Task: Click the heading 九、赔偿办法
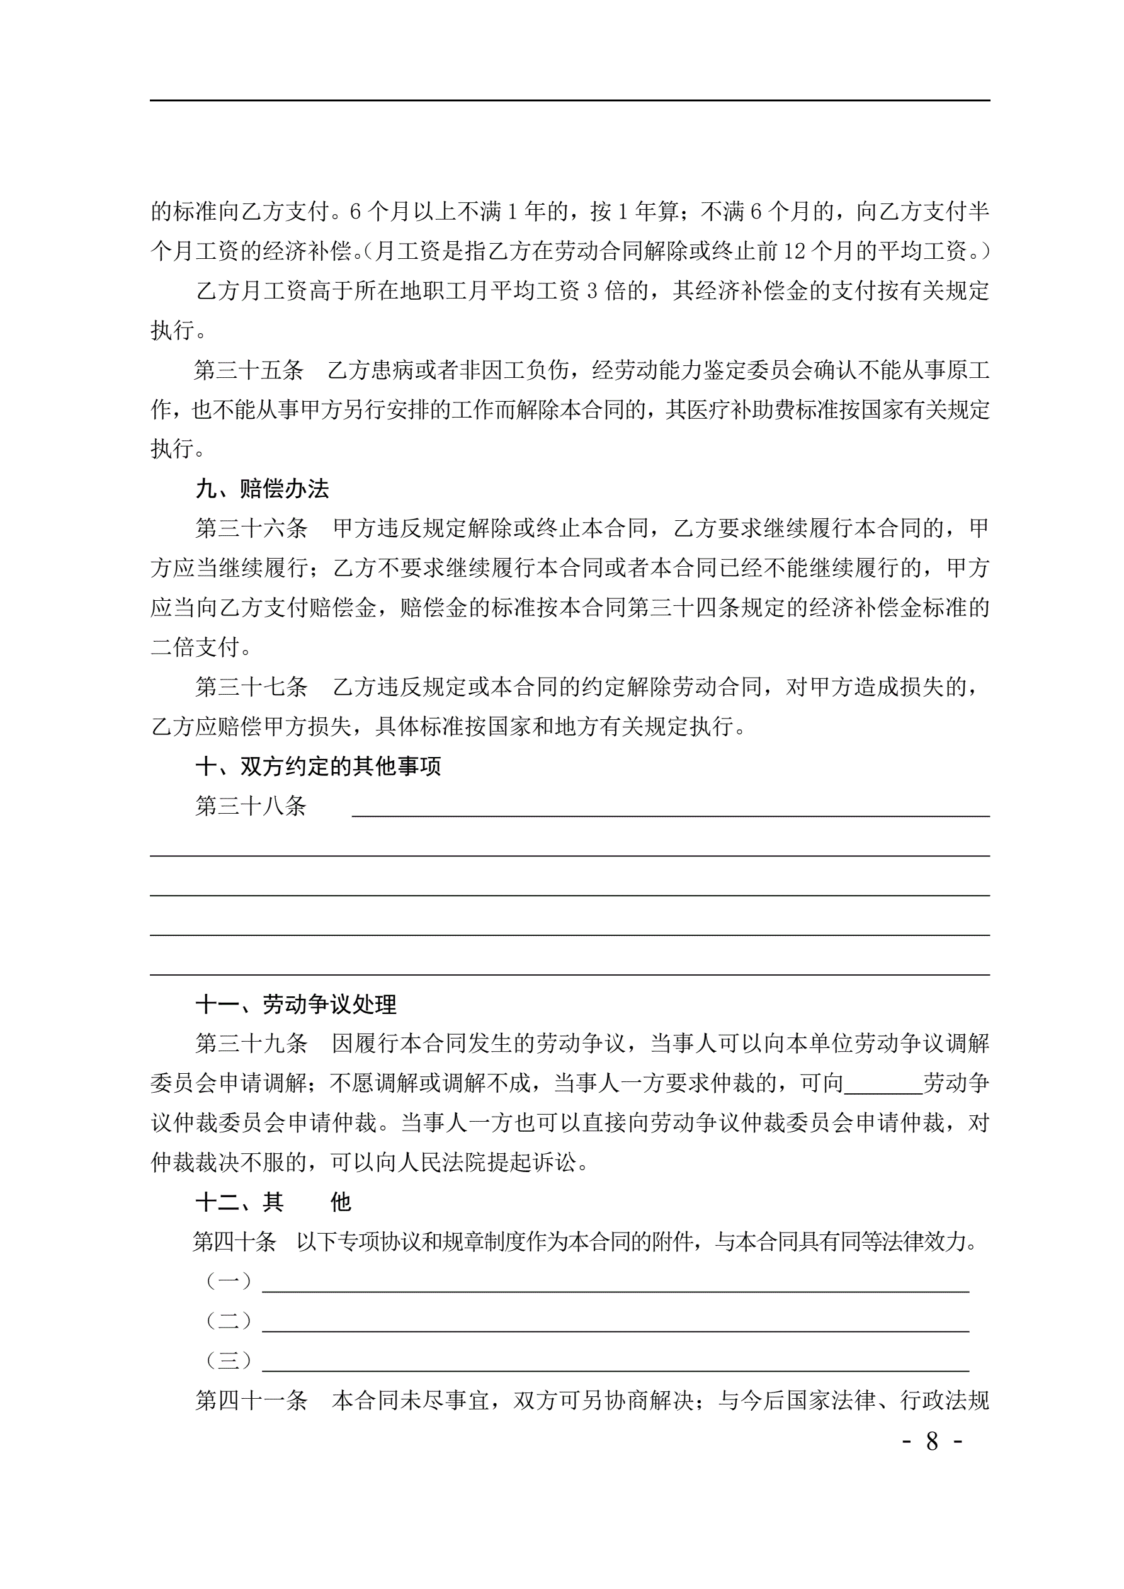click(263, 489)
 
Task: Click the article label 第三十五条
click(249, 370)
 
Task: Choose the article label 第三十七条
click(251, 687)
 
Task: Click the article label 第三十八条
click(251, 806)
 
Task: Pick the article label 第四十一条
click(251, 1401)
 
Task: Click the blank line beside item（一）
click(615, 1288)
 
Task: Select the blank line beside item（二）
click(615, 1328)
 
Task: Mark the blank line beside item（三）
click(615, 1367)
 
